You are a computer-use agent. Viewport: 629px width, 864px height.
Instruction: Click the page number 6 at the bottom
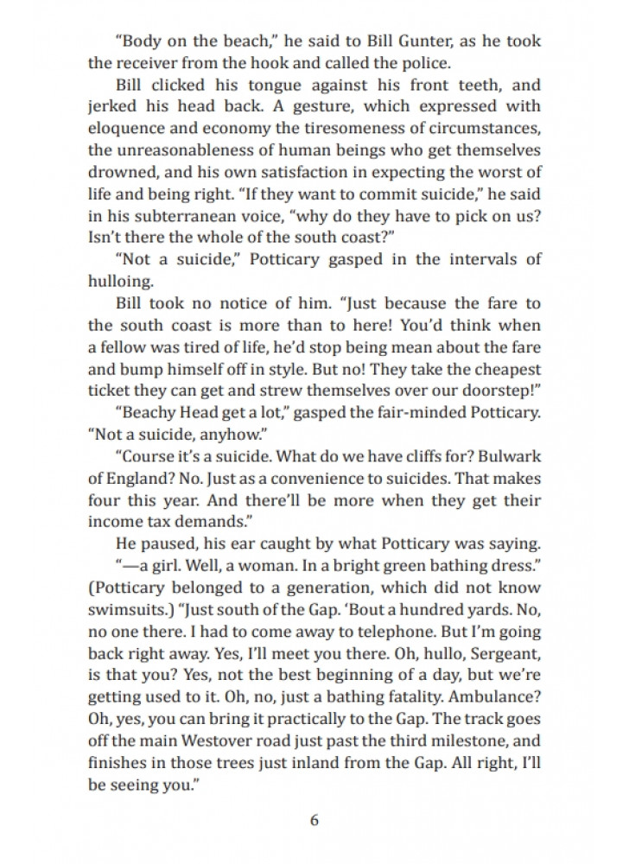pos(314,820)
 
